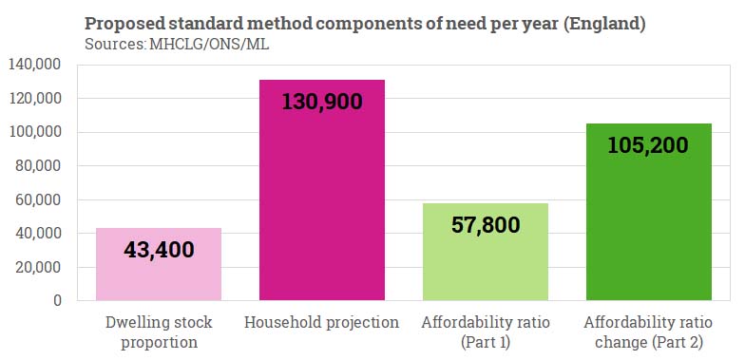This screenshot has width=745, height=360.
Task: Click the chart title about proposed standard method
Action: tap(365, 24)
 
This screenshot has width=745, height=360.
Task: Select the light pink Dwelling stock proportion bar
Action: tap(159, 275)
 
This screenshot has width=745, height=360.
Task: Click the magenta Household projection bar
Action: tap(321, 209)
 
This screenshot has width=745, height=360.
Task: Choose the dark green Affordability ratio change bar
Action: tap(648, 228)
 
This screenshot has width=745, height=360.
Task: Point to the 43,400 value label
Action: tap(159, 251)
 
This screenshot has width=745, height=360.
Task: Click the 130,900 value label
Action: tap(321, 101)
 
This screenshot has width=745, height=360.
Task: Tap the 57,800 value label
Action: tap(485, 225)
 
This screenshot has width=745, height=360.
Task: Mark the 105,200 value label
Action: tap(648, 143)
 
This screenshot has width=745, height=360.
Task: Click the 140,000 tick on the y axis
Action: tap(34, 65)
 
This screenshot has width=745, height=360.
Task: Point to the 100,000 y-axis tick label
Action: tap(34, 132)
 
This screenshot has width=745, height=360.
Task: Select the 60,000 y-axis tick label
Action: tap(38, 199)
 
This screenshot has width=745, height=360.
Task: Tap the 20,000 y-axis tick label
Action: tap(38, 267)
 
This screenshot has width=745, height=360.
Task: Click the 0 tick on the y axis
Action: tap(57, 300)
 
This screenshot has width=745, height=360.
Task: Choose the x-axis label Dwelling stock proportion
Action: tap(159, 332)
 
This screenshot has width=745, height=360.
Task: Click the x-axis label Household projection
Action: tap(321, 323)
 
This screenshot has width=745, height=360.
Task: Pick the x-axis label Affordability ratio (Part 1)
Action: tap(485, 332)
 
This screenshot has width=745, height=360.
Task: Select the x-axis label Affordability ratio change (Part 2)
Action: tap(648, 332)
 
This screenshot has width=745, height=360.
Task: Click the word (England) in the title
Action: tap(605, 24)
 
